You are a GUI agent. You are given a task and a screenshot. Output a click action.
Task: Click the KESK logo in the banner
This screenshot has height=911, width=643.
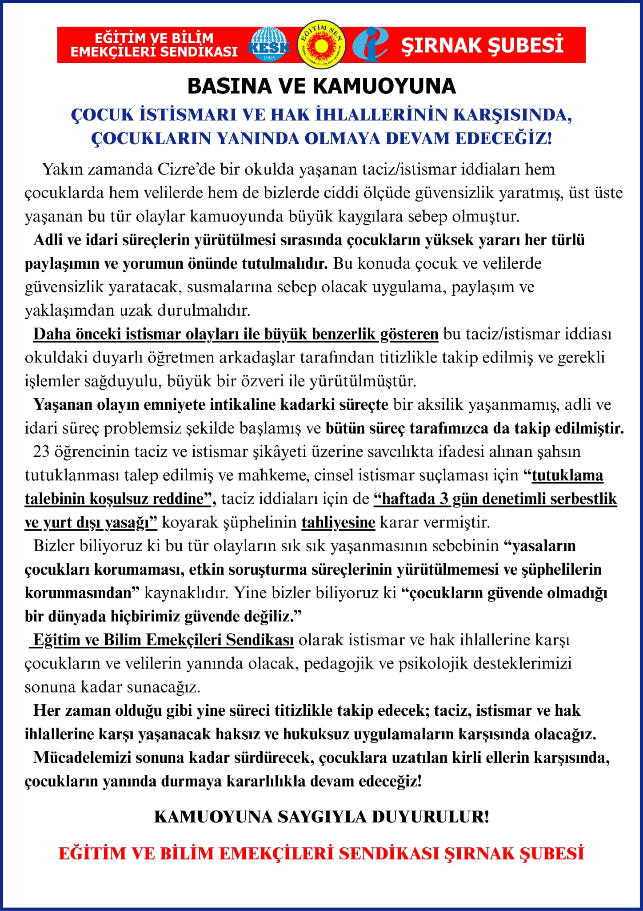coord(269,45)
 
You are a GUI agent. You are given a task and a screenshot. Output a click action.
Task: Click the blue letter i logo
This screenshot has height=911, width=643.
coord(370,44)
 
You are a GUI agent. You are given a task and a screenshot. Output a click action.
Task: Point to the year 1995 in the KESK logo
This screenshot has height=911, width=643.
coord(269,58)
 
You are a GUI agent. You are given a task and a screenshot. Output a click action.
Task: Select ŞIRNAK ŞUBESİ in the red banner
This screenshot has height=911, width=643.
coord(482,45)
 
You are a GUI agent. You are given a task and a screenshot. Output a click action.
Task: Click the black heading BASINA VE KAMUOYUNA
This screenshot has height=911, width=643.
coord(321,86)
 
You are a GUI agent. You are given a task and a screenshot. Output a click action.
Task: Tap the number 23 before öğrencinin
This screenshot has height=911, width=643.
coord(41,452)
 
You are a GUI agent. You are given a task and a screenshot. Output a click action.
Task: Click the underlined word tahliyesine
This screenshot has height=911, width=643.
coord(338,522)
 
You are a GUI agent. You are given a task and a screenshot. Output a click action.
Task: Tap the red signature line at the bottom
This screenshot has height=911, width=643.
coord(321,854)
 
